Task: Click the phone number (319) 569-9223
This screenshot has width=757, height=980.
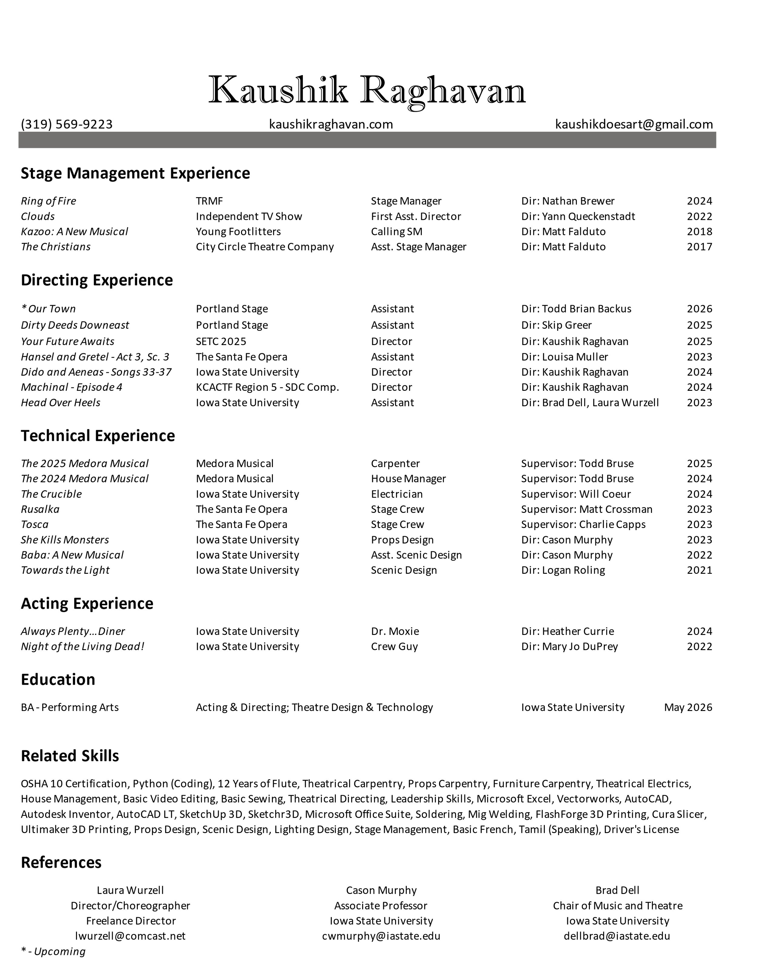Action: [67, 124]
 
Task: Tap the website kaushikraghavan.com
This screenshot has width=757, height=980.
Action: [331, 124]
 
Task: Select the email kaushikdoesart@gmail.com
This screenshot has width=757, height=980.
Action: [634, 124]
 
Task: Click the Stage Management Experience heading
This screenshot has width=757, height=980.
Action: [135, 173]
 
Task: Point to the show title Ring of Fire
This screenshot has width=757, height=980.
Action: [48, 201]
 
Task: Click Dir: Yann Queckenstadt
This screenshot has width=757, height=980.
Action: [578, 216]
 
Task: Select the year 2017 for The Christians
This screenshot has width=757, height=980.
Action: [699, 247]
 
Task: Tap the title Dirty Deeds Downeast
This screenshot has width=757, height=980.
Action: [75, 325]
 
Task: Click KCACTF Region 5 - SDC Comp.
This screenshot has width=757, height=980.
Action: [267, 387]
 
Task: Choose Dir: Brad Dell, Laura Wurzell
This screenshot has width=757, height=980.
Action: [590, 403]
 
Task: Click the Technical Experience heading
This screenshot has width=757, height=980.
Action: [98, 436]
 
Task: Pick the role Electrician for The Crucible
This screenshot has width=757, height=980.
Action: [396, 494]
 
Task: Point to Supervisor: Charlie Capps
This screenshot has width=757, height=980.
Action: [583, 525]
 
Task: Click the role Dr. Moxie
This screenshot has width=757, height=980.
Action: [395, 631]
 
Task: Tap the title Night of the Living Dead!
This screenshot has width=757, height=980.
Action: [83, 646]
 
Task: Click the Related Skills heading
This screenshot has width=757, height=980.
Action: [70, 756]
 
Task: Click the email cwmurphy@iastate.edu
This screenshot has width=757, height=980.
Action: [381, 936]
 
